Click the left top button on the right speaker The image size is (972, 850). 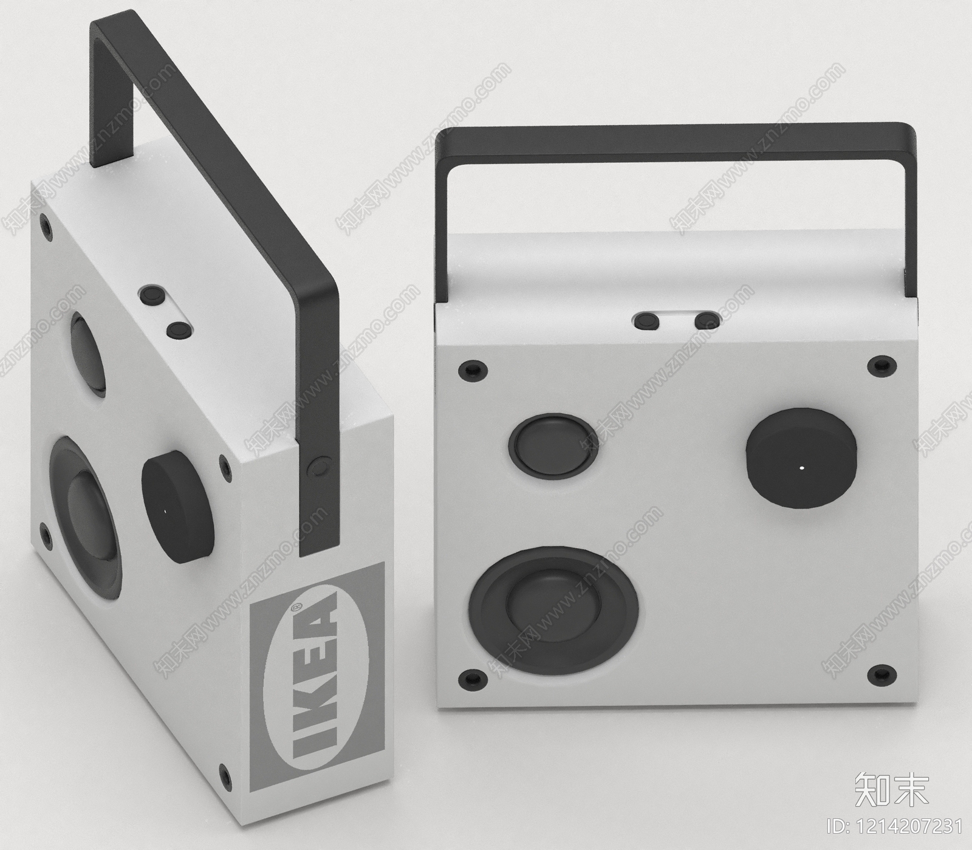647,320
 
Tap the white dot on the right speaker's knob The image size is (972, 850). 801,468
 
